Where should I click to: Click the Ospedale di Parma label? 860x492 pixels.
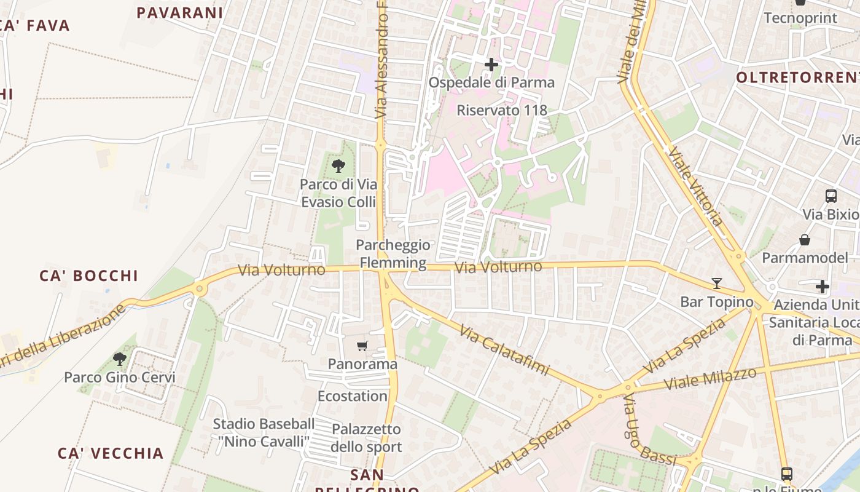click(x=491, y=82)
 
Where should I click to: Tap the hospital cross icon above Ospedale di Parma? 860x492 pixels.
click(x=491, y=64)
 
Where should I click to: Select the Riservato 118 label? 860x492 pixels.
click(x=502, y=110)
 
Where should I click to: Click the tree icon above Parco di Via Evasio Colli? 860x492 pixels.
click(x=338, y=165)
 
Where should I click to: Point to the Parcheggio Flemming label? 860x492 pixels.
click(x=393, y=254)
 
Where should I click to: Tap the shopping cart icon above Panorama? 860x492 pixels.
click(x=362, y=346)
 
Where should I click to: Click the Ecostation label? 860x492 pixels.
click(x=353, y=396)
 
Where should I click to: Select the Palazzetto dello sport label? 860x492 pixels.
click(x=366, y=438)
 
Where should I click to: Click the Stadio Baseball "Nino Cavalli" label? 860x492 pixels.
click(x=264, y=432)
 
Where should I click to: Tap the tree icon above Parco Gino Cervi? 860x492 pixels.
click(x=120, y=359)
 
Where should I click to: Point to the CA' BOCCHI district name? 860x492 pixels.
click(x=89, y=276)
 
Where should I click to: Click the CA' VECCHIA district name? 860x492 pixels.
click(x=111, y=453)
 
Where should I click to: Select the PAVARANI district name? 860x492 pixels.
click(x=179, y=12)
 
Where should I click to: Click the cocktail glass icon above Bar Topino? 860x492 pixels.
click(x=716, y=284)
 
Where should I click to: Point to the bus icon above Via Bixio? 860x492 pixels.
click(x=831, y=196)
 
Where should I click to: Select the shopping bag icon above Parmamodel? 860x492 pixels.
click(x=805, y=239)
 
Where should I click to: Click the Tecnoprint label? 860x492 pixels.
click(x=800, y=18)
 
